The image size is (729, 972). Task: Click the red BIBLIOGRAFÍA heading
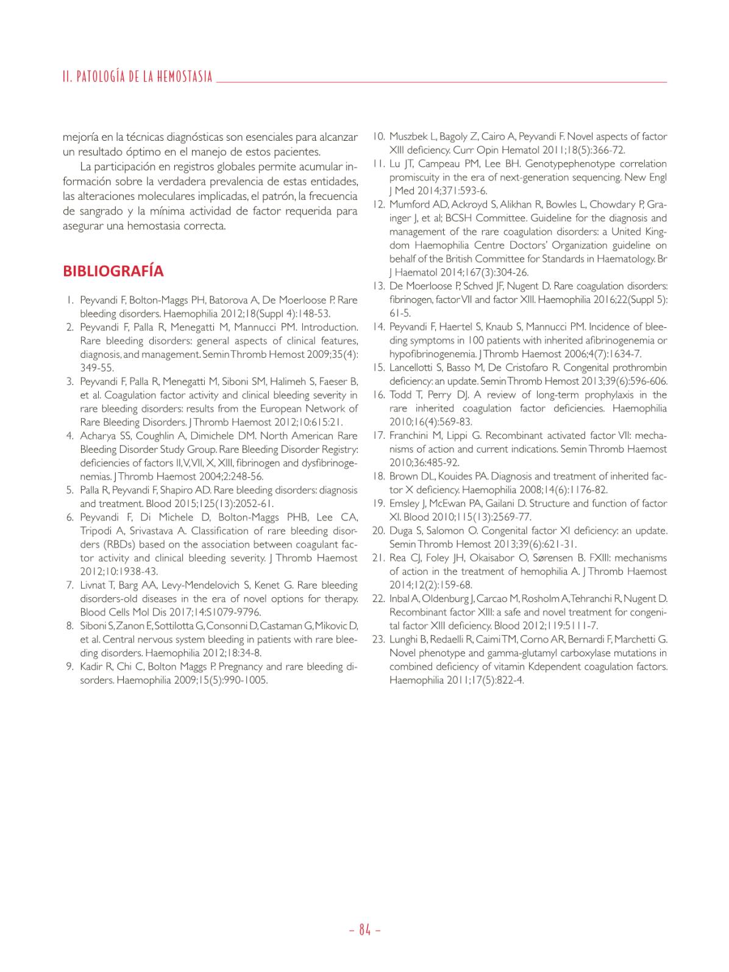(113, 271)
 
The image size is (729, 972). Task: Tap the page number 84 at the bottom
(365, 929)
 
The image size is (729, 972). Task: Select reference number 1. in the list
(71, 300)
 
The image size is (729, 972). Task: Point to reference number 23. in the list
(379, 639)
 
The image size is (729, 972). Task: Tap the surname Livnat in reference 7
(93, 585)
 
